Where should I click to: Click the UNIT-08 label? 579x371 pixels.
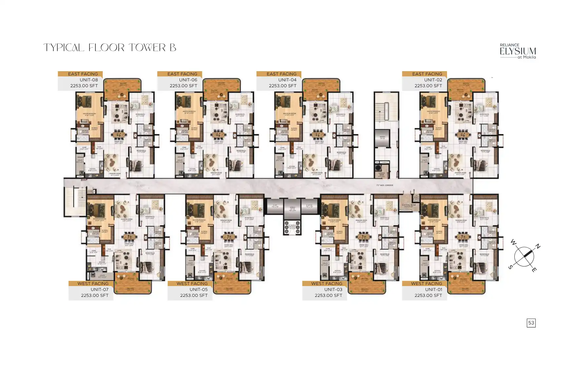coord(89,80)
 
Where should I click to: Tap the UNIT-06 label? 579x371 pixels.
coord(188,80)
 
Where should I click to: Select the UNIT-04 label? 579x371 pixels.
coord(287,80)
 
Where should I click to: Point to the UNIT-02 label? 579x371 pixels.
coord(433,80)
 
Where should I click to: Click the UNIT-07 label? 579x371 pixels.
coord(99,289)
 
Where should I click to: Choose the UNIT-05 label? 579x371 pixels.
coord(198,289)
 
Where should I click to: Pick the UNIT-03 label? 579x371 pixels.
coord(333,289)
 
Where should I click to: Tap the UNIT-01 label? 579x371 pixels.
coord(433,289)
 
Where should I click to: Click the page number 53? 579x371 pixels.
coord(531,323)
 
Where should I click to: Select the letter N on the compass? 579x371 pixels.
coord(538,246)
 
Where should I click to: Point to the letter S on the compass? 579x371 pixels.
coord(510,267)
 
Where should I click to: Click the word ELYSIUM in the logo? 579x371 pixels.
coord(518,51)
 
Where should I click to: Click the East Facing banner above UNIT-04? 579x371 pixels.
coord(281,74)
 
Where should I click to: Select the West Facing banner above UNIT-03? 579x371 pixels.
coord(327,283)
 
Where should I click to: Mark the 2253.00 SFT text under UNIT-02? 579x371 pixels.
coord(428,86)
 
